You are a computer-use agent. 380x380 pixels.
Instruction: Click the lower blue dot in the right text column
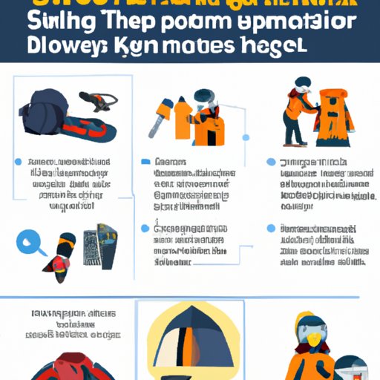coord(271,228)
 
